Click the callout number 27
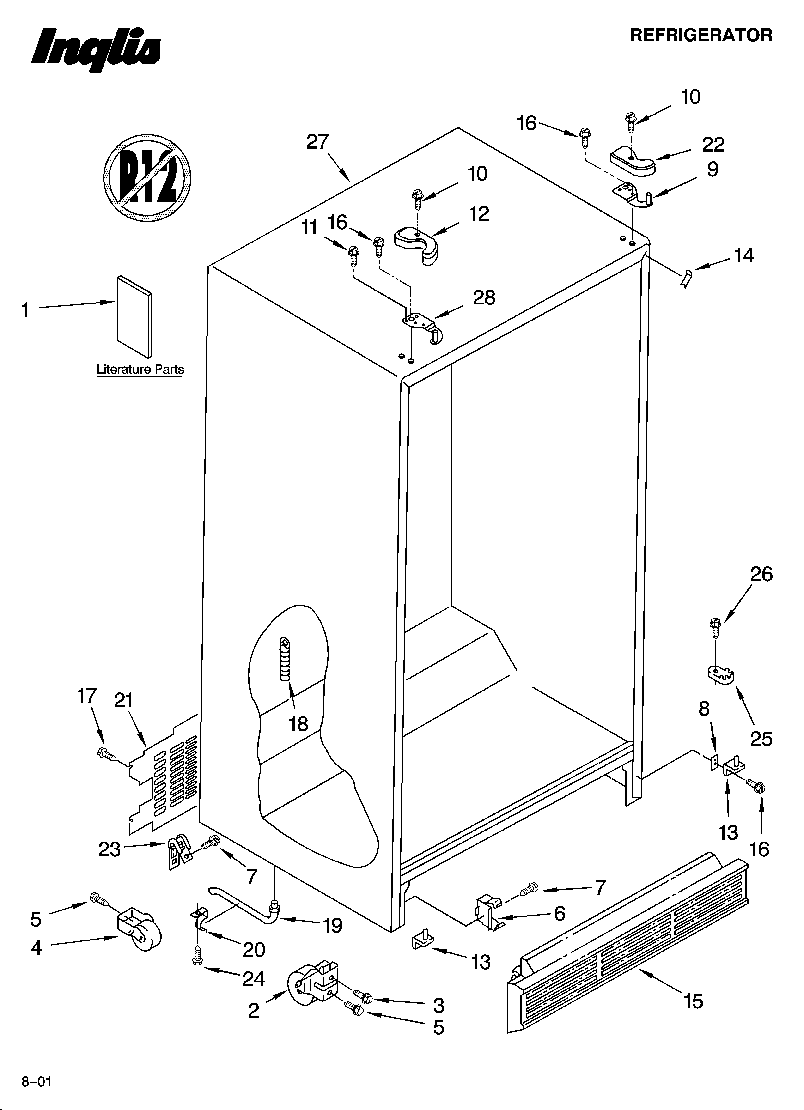(x=317, y=142)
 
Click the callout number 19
(x=332, y=926)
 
